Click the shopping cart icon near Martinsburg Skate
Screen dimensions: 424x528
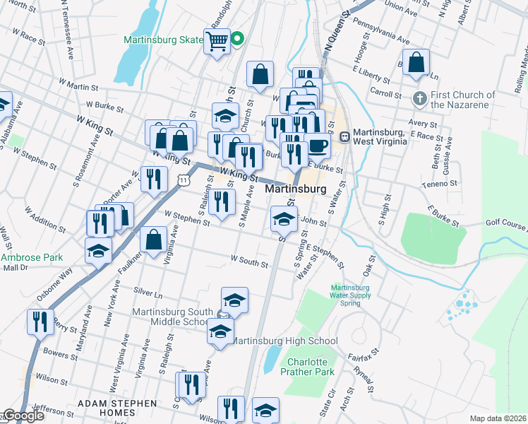[217, 40]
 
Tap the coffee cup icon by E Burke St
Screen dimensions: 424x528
[318, 146]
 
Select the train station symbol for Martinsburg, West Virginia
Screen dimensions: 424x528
[345, 136]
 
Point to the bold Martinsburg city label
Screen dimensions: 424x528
[295, 189]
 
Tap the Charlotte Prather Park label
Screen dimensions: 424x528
[306, 366]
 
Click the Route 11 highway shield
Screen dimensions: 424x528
[183, 181]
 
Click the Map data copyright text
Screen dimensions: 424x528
[498, 418]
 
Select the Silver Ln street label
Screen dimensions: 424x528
[148, 290]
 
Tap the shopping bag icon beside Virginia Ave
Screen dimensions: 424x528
[153, 239]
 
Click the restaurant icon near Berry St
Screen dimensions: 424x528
[40, 322]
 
